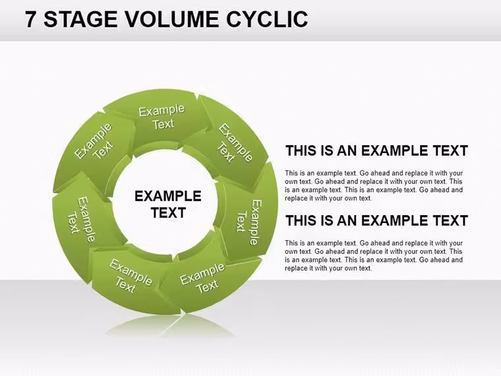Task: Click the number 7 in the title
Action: click(30, 19)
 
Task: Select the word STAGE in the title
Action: click(80, 19)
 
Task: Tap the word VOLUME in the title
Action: click(171, 19)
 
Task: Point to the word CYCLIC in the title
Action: click(267, 19)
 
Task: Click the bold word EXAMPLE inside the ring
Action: click(167, 196)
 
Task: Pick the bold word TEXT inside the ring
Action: click(168, 213)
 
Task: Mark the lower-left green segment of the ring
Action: click(131, 278)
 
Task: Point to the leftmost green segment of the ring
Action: click(83, 224)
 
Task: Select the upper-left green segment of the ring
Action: click(94, 147)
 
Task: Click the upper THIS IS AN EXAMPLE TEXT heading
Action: click(376, 150)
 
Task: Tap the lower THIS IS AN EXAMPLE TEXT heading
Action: click(376, 220)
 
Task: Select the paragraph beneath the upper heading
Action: click(374, 185)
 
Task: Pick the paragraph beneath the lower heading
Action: click(374, 255)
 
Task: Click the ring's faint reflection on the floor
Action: click(171, 326)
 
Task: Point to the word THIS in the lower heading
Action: click(303, 220)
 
